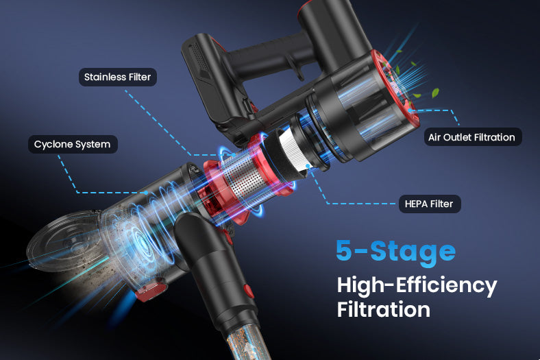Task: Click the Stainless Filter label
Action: pyautogui.click(x=118, y=77)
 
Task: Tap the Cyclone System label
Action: pyautogui.click(x=73, y=144)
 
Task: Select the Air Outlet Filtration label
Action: pyautogui.click(x=473, y=137)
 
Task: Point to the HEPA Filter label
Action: pyautogui.click(x=430, y=204)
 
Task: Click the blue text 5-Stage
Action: pyautogui.click(x=396, y=251)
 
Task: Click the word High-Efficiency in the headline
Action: pyautogui.click(x=417, y=285)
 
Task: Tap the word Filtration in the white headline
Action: pyautogui.click(x=384, y=309)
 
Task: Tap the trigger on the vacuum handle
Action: pyautogui.click(x=298, y=71)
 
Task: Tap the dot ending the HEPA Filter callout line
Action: pyautogui.click(x=308, y=166)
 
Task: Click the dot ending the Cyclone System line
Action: pyautogui.click(x=147, y=193)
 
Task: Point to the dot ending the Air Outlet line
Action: pyautogui.click(x=410, y=110)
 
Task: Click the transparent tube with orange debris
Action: pyautogui.click(x=246, y=341)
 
